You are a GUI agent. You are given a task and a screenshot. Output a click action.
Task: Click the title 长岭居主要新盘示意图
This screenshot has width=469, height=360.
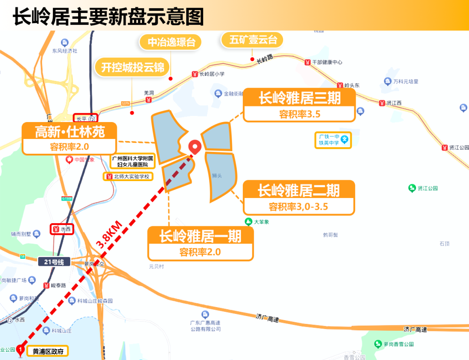point(108,17)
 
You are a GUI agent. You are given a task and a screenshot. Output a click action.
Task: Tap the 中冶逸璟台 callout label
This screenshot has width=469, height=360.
point(172,42)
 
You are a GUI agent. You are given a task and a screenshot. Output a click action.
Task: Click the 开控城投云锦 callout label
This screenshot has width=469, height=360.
point(132,68)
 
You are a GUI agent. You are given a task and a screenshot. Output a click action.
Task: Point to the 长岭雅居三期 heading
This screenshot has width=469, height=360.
point(299,98)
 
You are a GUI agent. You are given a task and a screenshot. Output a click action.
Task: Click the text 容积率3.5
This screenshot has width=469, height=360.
point(299,114)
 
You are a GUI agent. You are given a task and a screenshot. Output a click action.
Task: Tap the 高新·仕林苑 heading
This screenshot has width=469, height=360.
point(69,131)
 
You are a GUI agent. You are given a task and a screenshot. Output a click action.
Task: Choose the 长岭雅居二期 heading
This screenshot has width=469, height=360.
point(299,190)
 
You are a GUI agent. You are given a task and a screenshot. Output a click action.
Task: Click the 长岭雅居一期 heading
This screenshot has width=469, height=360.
point(200,236)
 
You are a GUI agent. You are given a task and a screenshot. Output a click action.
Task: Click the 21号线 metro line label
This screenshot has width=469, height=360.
point(54,262)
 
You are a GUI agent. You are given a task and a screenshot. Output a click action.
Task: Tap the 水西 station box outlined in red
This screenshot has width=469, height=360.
point(61,229)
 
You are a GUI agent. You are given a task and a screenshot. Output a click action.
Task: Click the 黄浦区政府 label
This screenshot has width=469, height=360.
point(47,351)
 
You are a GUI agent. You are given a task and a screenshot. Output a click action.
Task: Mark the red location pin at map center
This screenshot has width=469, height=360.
point(195,147)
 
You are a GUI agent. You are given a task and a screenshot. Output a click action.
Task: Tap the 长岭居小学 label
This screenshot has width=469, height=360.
point(211,74)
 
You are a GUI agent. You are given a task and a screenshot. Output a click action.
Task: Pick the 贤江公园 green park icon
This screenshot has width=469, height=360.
point(412,188)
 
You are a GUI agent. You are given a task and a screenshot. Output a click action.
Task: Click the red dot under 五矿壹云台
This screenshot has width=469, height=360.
point(252,59)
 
